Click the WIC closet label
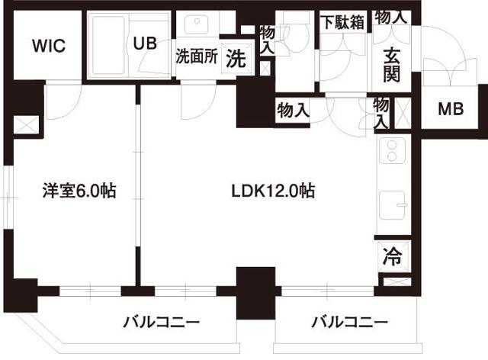click(x=48, y=45)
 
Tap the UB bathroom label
click(x=146, y=43)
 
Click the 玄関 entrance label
click(x=392, y=66)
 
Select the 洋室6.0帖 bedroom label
click(x=79, y=191)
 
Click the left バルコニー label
click(x=162, y=323)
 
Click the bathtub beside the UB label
click(x=111, y=45)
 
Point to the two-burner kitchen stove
click(x=393, y=150)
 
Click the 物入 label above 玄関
click(x=392, y=16)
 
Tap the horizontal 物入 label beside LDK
click(x=293, y=109)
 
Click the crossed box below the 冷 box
click(x=396, y=283)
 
